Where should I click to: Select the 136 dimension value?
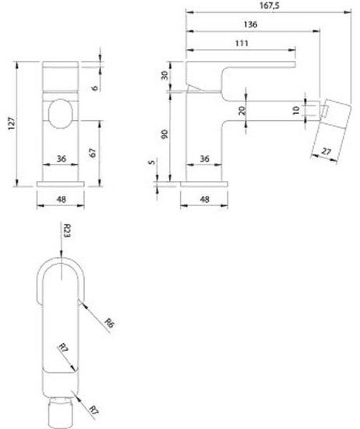tap(250, 25)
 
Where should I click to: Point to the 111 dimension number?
tap(242, 44)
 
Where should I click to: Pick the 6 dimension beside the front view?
tap(93, 87)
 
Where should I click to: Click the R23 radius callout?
tap(69, 232)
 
